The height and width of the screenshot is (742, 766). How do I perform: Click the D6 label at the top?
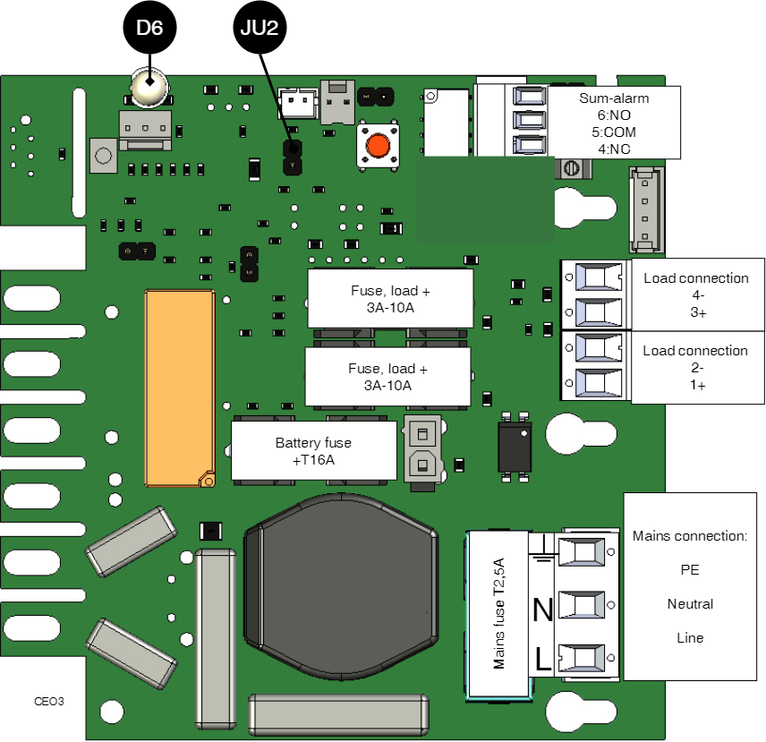point(149,28)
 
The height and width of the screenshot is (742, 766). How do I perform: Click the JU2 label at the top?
point(260,28)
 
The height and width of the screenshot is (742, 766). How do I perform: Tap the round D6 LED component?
point(149,87)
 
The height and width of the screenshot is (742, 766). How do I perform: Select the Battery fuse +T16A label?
point(313,451)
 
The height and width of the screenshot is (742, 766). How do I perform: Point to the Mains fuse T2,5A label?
point(499,614)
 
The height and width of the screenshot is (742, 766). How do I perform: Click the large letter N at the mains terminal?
point(542,610)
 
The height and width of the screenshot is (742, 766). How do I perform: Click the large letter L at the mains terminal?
point(542,661)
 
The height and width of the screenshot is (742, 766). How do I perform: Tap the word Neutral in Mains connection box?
point(690,604)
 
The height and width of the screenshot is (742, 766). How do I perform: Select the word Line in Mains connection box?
point(690,638)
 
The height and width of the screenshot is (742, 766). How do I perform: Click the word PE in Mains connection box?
point(690,570)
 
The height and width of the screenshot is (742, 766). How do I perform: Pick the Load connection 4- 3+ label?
point(695,295)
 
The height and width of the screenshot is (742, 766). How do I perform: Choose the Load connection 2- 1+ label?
point(695,368)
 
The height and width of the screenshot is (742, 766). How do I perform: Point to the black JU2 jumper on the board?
point(292,158)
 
